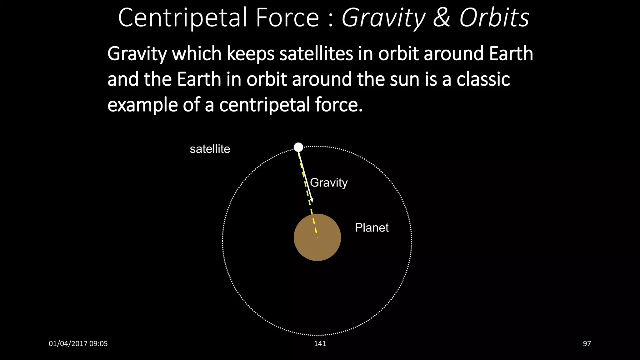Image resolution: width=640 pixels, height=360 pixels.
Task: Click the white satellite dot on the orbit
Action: (298, 147)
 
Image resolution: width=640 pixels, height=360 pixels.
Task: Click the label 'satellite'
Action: (210, 149)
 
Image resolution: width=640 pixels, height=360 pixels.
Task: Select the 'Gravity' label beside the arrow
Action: (328, 183)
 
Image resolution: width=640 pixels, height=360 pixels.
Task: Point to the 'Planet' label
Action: (372, 228)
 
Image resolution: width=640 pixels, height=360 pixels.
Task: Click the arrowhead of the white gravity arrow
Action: (311, 200)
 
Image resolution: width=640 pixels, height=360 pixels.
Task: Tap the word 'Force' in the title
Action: (287, 18)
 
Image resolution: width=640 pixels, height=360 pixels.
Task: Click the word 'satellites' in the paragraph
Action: (316, 54)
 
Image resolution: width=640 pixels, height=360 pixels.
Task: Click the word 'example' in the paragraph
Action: (143, 105)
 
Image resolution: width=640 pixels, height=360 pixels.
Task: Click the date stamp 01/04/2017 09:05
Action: (78, 344)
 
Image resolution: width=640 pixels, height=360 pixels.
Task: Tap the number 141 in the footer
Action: (320, 344)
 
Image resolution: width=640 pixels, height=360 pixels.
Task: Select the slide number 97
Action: (587, 344)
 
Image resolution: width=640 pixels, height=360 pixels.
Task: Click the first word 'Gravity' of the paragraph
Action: (137, 54)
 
